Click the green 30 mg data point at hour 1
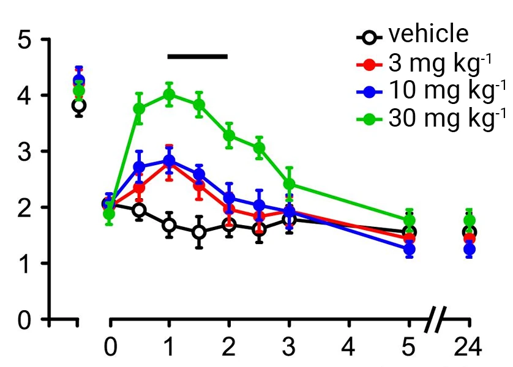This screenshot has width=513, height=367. coord(169,94)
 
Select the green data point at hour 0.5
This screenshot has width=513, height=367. coord(139,109)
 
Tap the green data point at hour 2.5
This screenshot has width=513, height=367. coord(259,148)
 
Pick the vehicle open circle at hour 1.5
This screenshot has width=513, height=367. coord(199,232)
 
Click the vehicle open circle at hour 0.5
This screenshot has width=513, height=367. coord(139,210)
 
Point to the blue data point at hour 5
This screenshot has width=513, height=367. coord(409,249)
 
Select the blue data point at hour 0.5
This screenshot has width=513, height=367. coord(139,166)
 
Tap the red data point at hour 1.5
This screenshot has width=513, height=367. coord(199,185)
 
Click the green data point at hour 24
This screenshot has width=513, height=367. coord(470,221)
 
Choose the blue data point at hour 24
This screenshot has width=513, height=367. coord(470,250)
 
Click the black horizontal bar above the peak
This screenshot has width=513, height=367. coord(198,57)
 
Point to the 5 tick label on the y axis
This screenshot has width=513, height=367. coord(26,40)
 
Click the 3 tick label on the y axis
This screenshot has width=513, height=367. coord(26,152)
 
